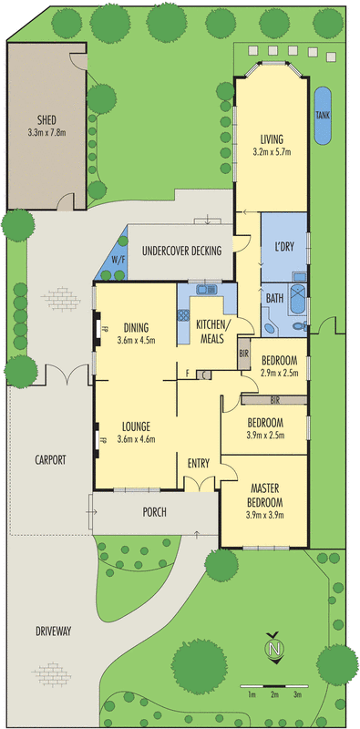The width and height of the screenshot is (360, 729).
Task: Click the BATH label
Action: point(274,297)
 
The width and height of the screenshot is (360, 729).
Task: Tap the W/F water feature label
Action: point(117,259)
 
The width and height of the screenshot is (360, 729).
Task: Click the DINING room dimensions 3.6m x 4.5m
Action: point(137,340)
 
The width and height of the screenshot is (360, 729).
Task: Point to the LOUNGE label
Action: point(136,426)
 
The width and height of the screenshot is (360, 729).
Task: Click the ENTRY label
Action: point(199,464)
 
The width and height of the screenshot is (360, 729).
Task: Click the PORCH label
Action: point(154,512)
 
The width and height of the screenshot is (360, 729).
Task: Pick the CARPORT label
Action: point(45,460)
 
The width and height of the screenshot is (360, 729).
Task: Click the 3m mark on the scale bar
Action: point(296,695)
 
